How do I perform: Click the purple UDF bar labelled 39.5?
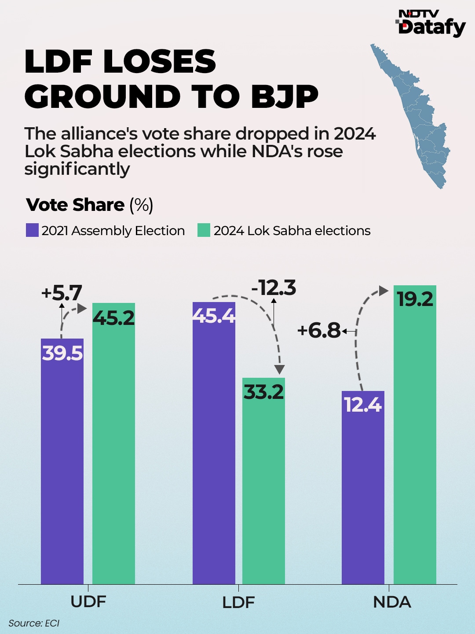[62, 462]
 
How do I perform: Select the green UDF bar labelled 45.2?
[113, 445]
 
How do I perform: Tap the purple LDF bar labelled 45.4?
[214, 445]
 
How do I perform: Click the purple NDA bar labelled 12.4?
[363, 489]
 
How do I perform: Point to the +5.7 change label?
[62, 293]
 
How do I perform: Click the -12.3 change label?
[274, 288]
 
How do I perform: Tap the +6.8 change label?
[319, 330]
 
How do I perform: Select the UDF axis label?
[88, 602]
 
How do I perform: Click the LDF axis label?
[238, 603]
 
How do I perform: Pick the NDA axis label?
[392, 602]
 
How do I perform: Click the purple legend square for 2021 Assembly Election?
[32, 230]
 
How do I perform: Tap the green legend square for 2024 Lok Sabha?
[204, 230]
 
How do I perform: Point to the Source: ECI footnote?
[34, 623]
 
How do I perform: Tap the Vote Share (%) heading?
[90, 205]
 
